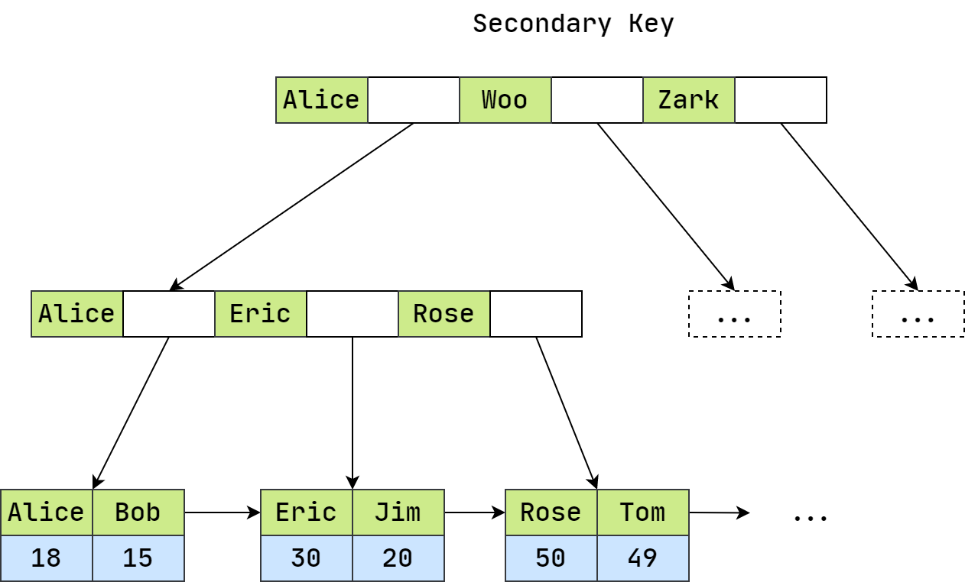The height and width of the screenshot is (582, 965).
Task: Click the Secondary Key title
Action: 573,24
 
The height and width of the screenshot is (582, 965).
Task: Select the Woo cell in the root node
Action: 505,100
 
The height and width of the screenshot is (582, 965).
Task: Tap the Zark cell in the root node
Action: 688,100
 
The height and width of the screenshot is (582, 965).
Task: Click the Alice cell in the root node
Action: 321,100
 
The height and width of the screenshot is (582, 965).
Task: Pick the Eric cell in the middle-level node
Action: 260,314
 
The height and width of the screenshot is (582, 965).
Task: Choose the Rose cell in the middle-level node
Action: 444,314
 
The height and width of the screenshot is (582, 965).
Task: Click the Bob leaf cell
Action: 138,512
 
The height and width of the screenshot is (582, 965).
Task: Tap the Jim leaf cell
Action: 398,512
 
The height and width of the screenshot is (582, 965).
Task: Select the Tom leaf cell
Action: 642,512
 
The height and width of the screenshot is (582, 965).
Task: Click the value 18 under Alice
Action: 46,558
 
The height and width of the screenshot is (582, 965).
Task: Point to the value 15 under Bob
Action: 138,558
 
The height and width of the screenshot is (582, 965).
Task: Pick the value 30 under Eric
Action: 306,558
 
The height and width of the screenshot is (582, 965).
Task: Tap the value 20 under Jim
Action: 398,558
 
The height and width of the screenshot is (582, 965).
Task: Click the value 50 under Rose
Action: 551,558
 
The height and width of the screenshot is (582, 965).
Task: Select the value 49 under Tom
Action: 642,558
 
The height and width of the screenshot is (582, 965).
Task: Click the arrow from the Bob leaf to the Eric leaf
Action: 222,512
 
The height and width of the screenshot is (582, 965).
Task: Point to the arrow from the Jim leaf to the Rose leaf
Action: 474,512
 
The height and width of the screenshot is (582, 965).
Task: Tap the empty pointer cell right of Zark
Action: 780,100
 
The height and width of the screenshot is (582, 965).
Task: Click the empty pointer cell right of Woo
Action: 596,100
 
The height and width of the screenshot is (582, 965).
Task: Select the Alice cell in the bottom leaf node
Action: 46,512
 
